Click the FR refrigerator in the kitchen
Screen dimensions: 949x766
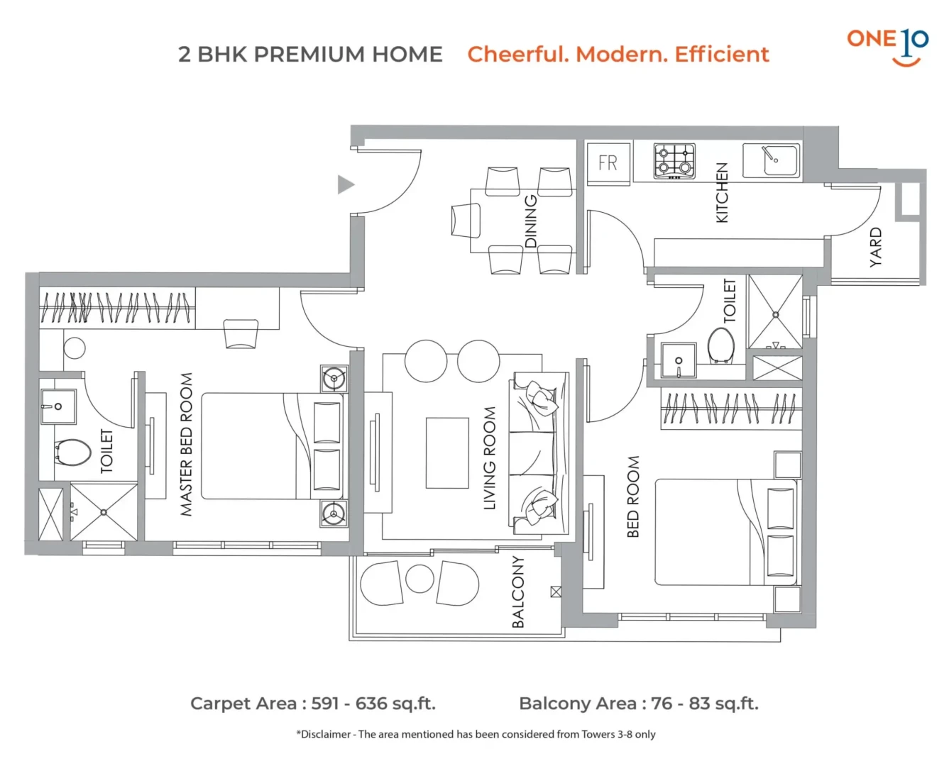(x=608, y=163)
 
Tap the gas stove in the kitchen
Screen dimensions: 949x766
(x=674, y=161)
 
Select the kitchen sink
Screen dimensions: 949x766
(x=770, y=160)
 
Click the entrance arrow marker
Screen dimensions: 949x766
(x=346, y=184)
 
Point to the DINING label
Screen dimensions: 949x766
(x=531, y=221)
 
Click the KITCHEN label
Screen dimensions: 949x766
(x=721, y=192)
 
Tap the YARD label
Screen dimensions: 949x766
(x=875, y=247)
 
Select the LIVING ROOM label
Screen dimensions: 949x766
(x=489, y=457)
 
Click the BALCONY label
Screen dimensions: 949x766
(x=517, y=592)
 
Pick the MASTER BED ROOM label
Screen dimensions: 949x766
(x=186, y=444)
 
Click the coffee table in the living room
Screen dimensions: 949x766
(x=447, y=453)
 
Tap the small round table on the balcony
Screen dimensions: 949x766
(x=419, y=579)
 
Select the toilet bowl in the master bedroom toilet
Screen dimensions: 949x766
(x=72, y=453)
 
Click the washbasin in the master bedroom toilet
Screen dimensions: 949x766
(x=58, y=406)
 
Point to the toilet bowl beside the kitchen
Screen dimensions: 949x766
(x=720, y=345)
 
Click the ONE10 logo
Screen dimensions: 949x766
(x=887, y=48)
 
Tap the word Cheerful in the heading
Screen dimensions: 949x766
(x=517, y=55)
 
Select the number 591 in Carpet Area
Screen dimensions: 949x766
(x=327, y=704)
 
